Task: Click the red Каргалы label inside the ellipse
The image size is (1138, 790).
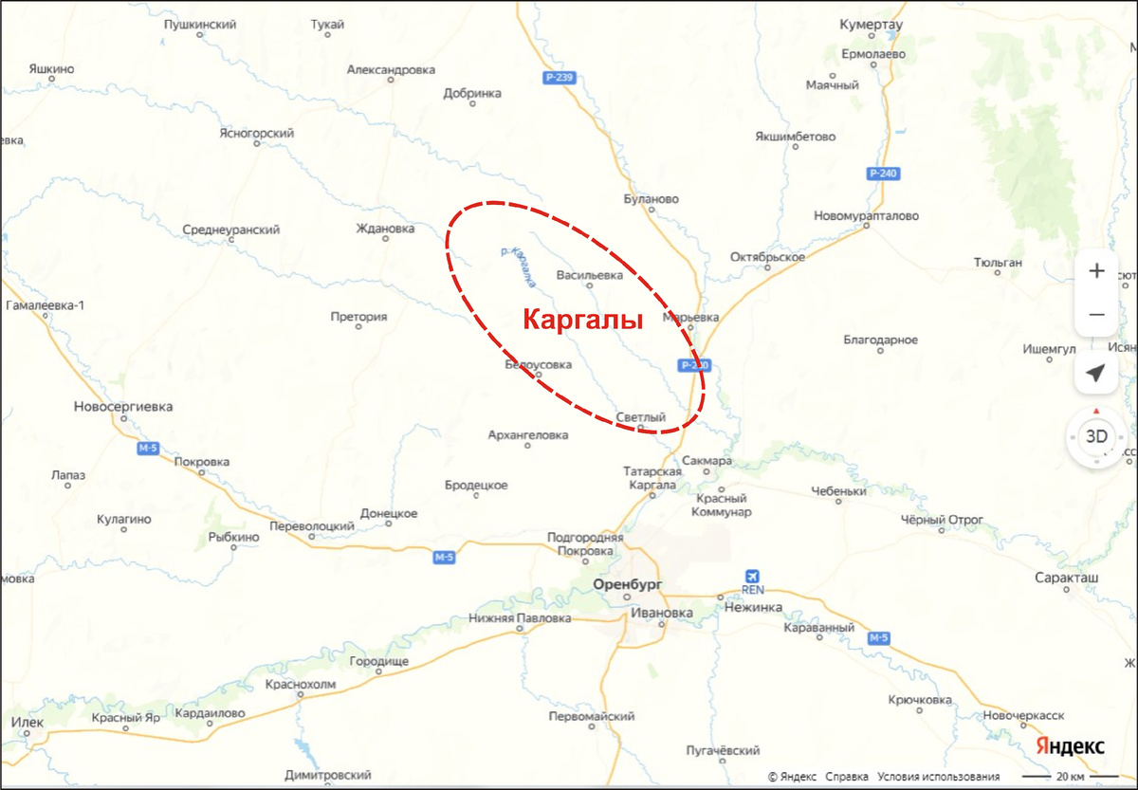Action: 583,320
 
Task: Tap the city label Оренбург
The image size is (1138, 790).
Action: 626,584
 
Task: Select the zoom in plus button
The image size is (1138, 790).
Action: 1096,271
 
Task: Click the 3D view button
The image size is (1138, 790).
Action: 1096,437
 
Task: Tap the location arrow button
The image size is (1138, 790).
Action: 1096,373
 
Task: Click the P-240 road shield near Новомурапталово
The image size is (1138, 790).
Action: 882,174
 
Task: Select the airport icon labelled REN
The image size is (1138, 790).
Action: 753,576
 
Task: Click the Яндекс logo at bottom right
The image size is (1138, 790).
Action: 1069,745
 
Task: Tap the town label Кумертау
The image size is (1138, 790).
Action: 872,25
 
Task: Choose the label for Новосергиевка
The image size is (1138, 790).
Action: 123,407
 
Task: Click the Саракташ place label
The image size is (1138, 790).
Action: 1066,577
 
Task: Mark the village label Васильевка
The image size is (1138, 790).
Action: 589,276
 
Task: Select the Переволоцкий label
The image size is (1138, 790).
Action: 312,526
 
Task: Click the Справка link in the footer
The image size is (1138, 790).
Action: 846,776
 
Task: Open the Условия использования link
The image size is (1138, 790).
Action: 938,776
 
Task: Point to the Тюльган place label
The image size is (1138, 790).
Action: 999,262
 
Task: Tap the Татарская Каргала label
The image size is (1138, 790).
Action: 652,478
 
